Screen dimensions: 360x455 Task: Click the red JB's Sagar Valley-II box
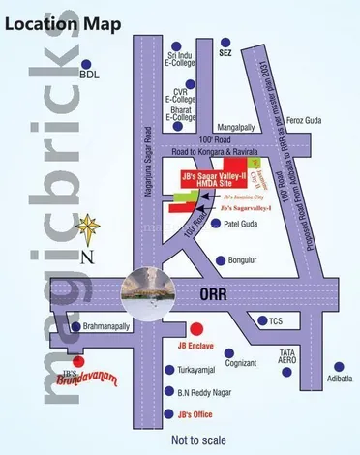215,178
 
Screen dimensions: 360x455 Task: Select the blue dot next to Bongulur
222,260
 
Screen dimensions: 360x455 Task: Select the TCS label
276,320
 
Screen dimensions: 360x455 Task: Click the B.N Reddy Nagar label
205,392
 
